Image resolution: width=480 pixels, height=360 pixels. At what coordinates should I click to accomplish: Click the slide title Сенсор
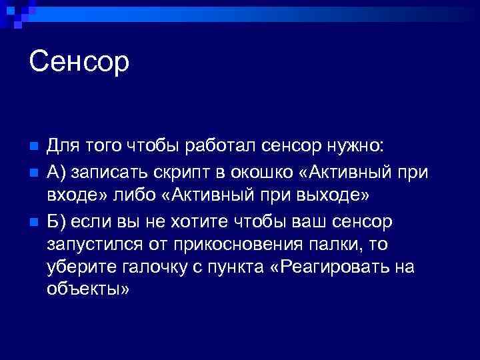tap(79, 63)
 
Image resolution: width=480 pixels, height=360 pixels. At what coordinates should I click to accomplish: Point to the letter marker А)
tap(57, 171)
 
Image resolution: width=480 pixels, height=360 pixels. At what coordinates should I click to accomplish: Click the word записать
tap(108, 171)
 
